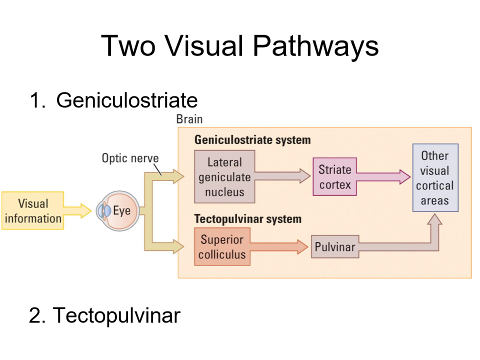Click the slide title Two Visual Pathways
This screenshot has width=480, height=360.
(239, 46)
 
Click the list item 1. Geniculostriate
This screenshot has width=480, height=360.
(113, 100)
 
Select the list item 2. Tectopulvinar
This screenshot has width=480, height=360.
(104, 315)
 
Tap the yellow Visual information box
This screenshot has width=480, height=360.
(33, 210)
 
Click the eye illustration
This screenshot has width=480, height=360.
(114, 210)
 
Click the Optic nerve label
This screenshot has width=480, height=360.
(130, 158)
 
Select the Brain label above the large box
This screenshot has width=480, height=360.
(189, 119)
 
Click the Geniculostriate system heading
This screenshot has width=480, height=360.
(252, 139)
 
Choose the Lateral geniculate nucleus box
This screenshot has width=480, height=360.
(224, 177)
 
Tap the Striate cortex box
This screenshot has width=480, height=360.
(335, 177)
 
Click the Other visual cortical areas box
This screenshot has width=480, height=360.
(434, 178)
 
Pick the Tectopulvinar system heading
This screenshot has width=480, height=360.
(247, 219)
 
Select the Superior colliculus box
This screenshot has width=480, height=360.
(222, 246)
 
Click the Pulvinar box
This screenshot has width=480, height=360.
(334, 247)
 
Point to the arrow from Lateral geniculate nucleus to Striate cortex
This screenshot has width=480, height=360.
(282, 175)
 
